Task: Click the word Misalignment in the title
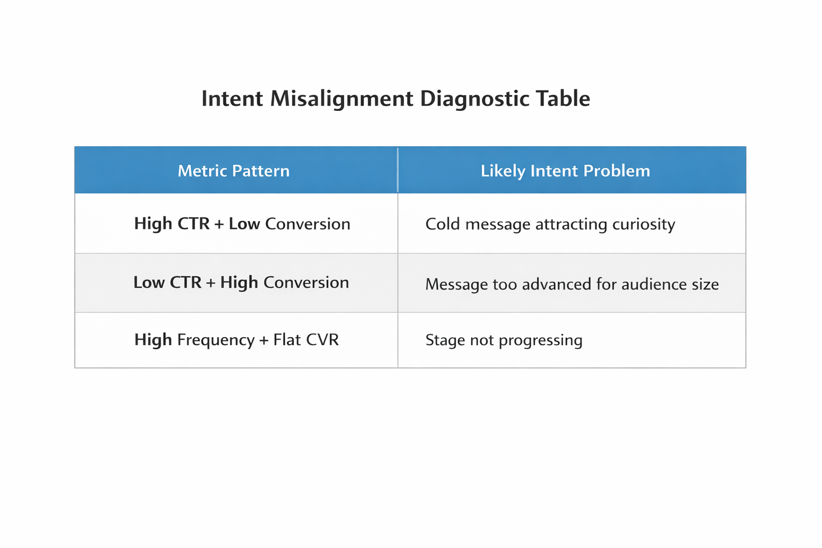[341, 99]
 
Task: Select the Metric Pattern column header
[233, 171]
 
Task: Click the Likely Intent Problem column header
[565, 171]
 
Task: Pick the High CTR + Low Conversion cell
[242, 224]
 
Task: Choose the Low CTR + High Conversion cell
[241, 283]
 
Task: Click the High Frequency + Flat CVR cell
[237, 340]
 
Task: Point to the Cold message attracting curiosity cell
[550, 224]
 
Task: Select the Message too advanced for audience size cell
[572, 284]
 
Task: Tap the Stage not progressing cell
[504, 340]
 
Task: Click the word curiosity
[643, 224]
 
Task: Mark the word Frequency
[216, 340]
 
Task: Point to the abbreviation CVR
[322, 340]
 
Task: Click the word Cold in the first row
[443, 224]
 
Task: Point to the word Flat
[287, 340]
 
